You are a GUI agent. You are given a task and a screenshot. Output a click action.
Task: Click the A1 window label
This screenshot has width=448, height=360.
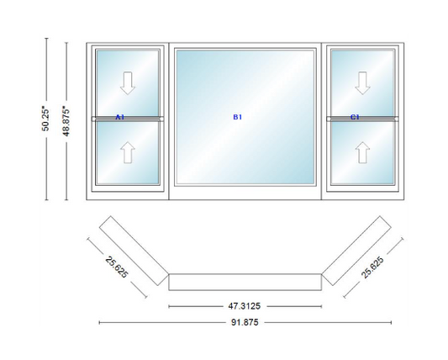pyautogui.click(x=119, y=117)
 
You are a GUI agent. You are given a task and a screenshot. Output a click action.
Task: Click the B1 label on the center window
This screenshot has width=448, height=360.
pyautogui.click(x=238, y=117)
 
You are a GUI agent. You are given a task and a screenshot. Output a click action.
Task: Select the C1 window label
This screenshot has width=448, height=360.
pyautogui.click(x=355, y=117)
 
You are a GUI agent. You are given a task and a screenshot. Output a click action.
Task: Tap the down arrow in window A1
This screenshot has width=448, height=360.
pyautogui.click(x=127, y=82)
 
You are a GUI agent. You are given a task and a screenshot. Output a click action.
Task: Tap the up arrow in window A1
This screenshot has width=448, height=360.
pyautogui.click(x=127, y=152)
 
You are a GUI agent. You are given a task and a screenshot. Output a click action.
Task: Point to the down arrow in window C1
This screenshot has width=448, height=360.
pyautogui.click(x=362, y=82)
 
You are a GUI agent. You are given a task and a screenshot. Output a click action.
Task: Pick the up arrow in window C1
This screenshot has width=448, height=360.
pyautogui.click(x=362, y=152)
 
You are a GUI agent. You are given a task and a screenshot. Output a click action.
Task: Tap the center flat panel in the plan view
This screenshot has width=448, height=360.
pyautogui.click(x=245, y=281)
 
